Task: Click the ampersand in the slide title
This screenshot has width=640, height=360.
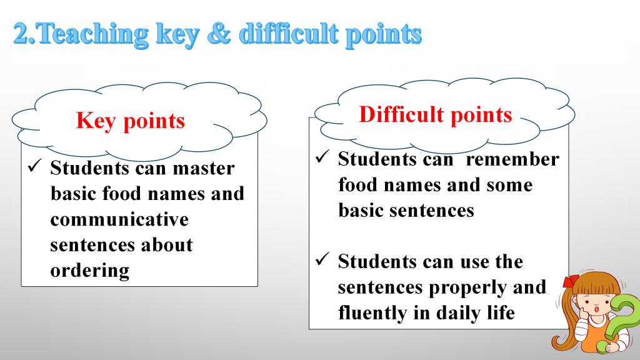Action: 219,34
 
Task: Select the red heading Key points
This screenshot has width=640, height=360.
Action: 130,121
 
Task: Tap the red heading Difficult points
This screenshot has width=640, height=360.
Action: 436,114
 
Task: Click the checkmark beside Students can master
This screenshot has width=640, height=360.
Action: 35,166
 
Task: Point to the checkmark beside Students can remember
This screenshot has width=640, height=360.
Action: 322,156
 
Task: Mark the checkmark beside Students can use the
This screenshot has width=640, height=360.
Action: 322,259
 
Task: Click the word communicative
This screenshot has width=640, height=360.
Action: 119,219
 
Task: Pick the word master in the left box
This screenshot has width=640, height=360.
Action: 204,168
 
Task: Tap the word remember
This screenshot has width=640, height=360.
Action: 512,159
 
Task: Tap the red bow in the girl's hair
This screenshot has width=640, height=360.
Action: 571,281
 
